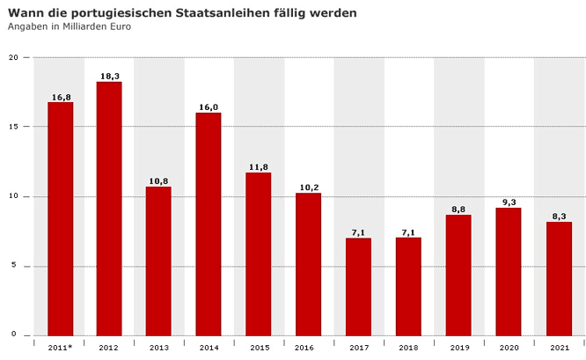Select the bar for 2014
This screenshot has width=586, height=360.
pyautogui.click(x=209, y=224)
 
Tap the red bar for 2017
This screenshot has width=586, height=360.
pyautogui.click(x=358, y=286)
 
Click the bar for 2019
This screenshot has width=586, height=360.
pyautogui.click(x=458, y=275)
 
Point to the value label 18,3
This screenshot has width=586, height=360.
pyautogui.click(x=110, y=77)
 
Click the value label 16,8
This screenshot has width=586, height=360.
pyautogui.click(x=61, y=97)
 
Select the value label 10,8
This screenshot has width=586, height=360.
pyautogui.click(x=158, y=181)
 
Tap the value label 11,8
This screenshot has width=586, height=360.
pyautogui.click(x=259, y=167)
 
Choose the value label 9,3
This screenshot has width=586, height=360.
pyautogui.click(x=509, y=202)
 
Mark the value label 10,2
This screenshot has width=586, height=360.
pyautogui.click(x=308, y=187)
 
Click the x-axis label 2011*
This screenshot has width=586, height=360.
pyautogui.click(x=60, y=349)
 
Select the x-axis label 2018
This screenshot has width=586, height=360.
pyautogui.click(x=408, y=349)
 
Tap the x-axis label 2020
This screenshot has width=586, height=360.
pyautogui.click(x=508, y=349)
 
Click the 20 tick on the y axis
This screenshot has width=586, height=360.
pyautogui.click(x=13, y=57)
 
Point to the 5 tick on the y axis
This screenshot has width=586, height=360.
pyautogui.click(x=15, y=266)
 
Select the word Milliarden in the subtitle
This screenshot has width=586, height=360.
pyautogui.click(x=88, y=26)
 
